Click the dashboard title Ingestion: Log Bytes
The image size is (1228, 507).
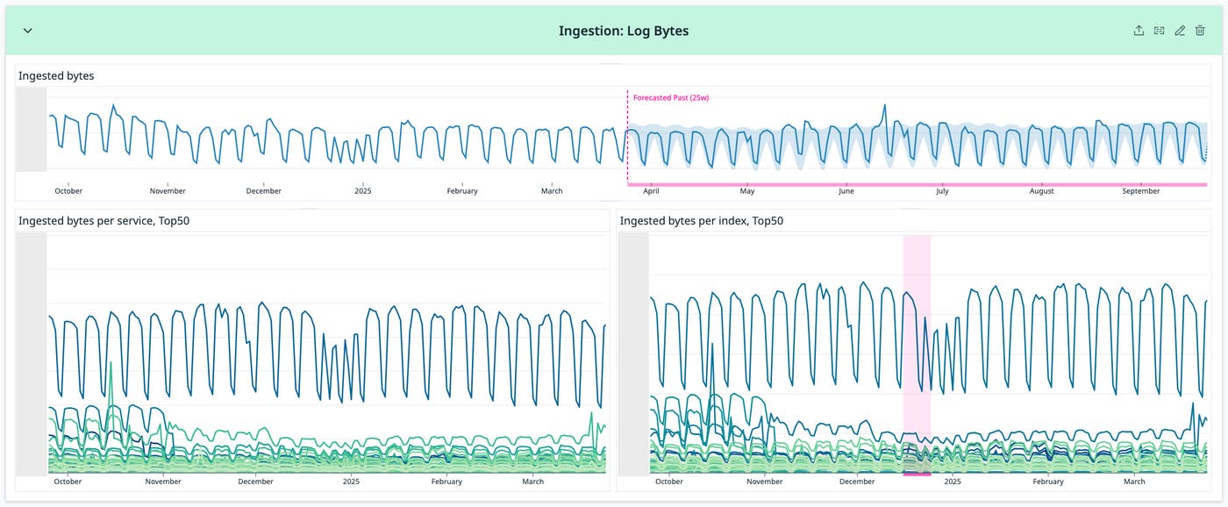624,31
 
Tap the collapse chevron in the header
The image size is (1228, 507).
27,31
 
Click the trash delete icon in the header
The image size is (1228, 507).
1200,31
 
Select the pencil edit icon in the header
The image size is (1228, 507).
1180,31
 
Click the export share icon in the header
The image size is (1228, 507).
1139,31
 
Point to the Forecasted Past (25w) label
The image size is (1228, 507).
671,97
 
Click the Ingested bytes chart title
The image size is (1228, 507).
56,76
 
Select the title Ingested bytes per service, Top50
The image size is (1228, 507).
104,221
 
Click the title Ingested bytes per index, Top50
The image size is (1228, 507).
702,221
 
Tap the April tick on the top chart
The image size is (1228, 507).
651,191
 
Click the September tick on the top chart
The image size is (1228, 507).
1141,191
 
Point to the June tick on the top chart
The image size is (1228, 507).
846,191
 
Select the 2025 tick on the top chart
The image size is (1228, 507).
363,191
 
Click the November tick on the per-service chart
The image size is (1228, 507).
162,482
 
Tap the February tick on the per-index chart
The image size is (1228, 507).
1047,482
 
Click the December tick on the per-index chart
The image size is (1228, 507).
857,482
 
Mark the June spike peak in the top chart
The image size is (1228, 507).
885,106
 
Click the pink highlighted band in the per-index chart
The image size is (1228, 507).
917,351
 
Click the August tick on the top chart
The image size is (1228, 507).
1041,191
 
